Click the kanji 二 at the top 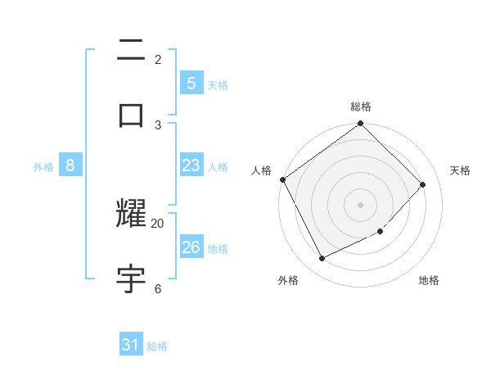point(132,52)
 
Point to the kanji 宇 point(132,278)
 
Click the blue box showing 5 point(191,83)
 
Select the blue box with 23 point(191,165)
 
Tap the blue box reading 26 point(191,247)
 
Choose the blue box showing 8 point(70,165)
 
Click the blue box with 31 point(131,345)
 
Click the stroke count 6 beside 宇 point(157,288)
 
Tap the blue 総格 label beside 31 point(157,346)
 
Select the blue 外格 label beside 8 point(43,167)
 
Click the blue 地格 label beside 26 point(218,249)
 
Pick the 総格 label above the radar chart point(361,106)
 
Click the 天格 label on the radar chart point(460,170)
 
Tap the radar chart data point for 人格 point(282,179)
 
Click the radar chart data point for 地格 point(381,232)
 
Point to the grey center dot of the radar point(361,205)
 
